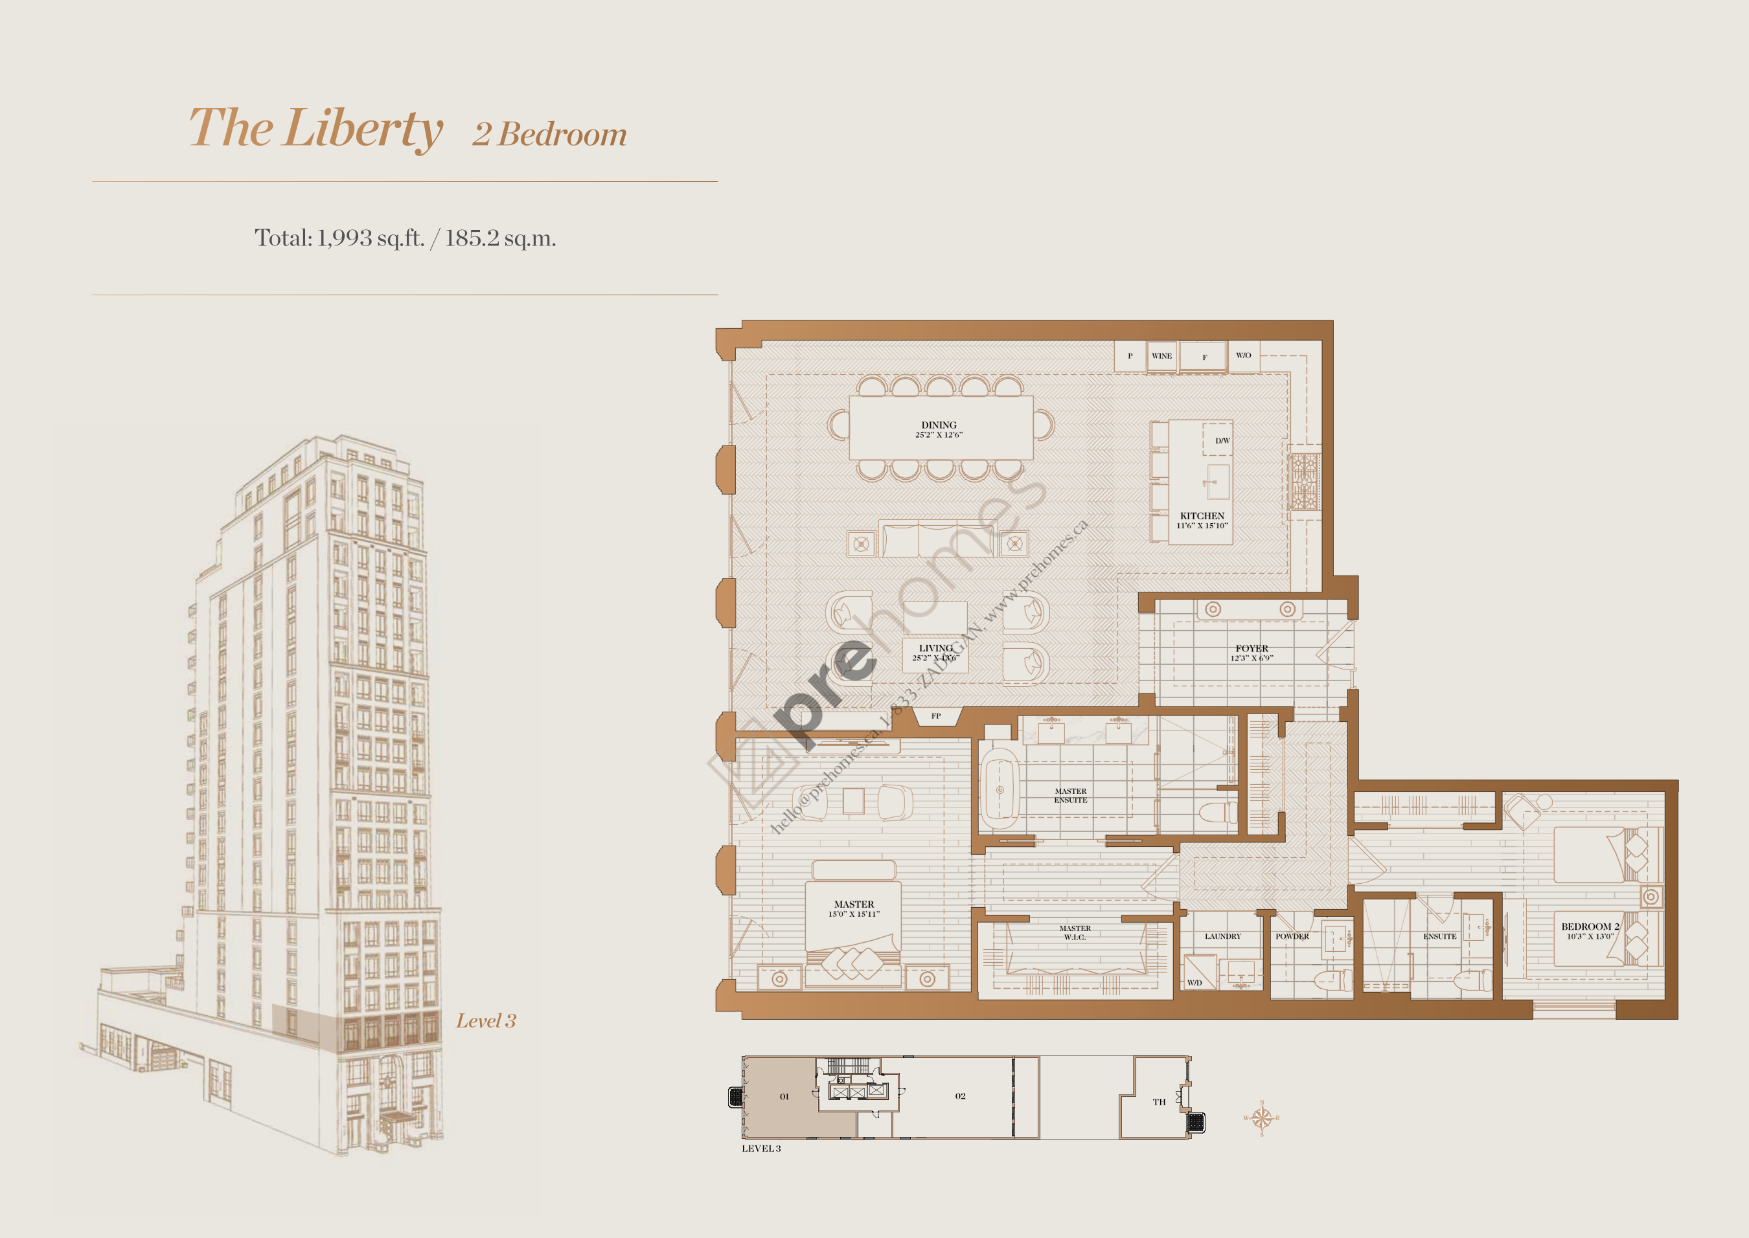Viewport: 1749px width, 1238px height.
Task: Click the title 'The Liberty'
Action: coord(315,128)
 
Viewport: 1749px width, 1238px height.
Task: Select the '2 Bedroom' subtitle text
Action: coord(549,135)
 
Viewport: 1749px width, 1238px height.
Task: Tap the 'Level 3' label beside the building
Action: coord(486,1020)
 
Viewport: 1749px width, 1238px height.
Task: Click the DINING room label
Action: coord(939,425)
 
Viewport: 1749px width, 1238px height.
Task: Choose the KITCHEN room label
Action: coord(1202,516)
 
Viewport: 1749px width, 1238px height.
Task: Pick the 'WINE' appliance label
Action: coord(1161,356)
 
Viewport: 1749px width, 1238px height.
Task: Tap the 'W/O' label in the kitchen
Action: coord(1244,355)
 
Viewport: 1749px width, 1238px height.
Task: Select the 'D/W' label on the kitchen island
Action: coord(1222,441)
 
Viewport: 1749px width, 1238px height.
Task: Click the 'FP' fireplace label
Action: coord(935,716)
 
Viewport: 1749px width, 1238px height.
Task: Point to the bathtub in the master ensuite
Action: coord(999,789)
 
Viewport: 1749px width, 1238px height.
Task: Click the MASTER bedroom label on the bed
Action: coord(854,904)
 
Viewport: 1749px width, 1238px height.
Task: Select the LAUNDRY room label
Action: coord(1222,936)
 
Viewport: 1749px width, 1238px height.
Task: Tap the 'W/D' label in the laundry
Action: coord(1194,983)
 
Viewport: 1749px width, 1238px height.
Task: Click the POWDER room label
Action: coord(1292,936)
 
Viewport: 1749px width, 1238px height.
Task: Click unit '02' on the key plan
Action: coord(960,1096)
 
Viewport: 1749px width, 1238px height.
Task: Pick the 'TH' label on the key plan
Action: coord(1159,1101)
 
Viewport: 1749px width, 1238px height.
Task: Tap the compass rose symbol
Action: coord(1262,1118)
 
